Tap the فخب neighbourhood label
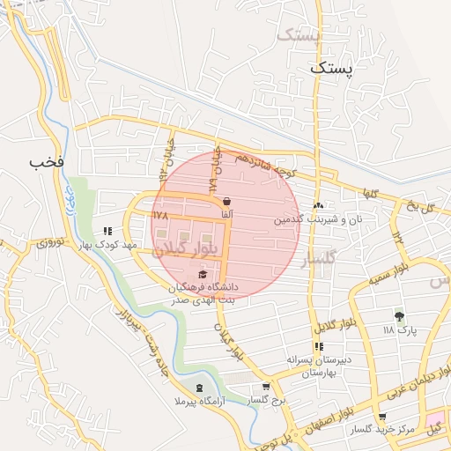click(47, 162)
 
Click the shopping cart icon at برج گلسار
click(266, 387)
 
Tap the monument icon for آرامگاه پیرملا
click(198, 388)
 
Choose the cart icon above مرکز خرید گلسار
click(381, 417)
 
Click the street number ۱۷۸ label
click(159, 215)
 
